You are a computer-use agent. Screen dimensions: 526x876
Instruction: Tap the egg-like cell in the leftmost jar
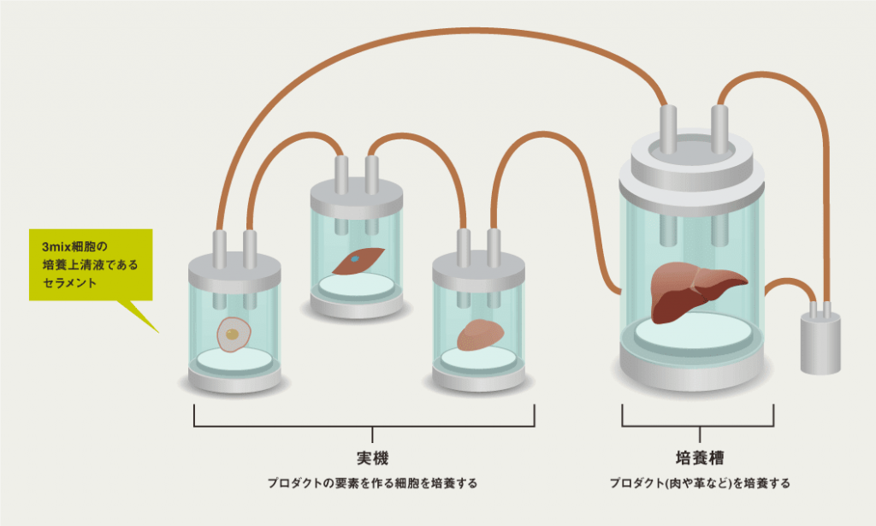pyautogui.click(x=233, y=334)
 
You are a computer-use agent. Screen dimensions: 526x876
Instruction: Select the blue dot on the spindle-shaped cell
pyautogui.click(x=354, y=257)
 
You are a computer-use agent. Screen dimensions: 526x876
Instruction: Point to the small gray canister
pyautogui.click(x=820, y=342)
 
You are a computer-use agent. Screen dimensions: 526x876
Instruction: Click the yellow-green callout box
pyautogui.click(x=91, y=264)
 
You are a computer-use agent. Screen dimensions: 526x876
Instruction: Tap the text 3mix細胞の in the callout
pyautogui.click(x=72, y=247)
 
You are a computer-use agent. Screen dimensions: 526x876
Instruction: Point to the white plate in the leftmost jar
pyautogui.click(x=234, y=360)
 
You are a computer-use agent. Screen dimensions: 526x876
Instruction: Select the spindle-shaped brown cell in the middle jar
pyautogui.click(x=359, y=260)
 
